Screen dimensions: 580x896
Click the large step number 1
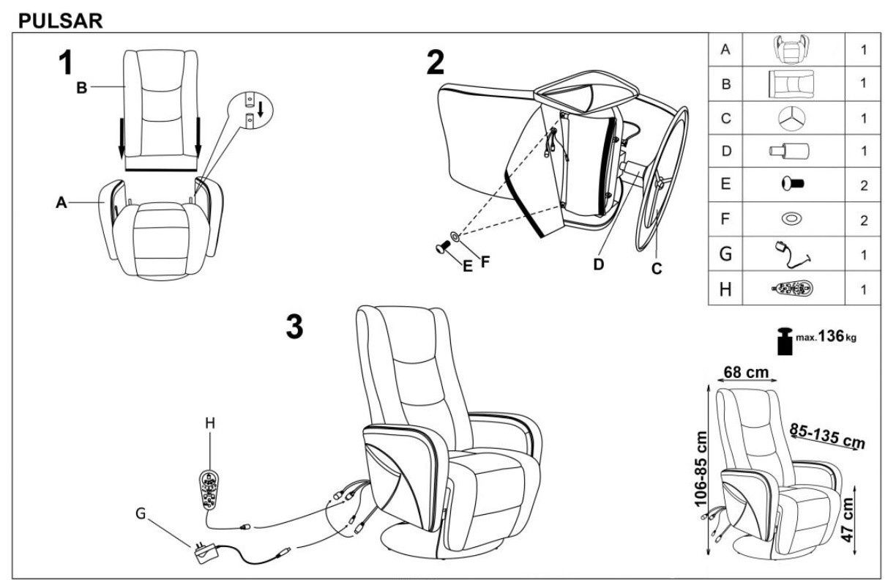point(66,63)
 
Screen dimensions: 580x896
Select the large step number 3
point(294,327)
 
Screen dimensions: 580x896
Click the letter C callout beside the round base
point(657,269)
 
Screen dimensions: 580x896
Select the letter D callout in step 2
point(598,264)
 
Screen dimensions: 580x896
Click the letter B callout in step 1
point(82,89)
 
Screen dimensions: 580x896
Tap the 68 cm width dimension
point(746,372)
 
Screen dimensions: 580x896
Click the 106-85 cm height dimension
point(701,469)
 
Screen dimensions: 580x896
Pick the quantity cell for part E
point(864,186)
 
